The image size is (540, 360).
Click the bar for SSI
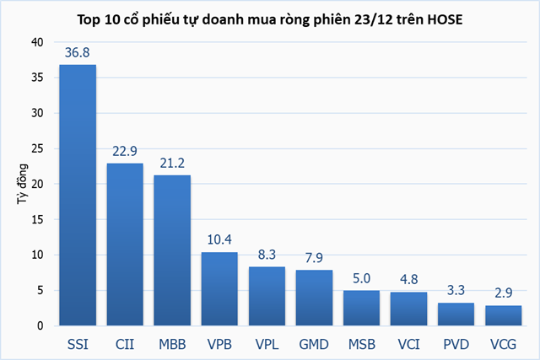78,195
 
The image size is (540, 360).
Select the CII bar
125,244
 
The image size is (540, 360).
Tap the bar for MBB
172,250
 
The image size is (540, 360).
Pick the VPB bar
219,288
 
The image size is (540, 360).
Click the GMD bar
314,298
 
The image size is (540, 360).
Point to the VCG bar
503,315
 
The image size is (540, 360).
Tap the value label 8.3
267,255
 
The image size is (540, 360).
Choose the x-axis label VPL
267,344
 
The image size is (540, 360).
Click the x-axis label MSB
361,344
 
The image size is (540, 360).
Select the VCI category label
408,344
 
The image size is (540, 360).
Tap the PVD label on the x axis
456,344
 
